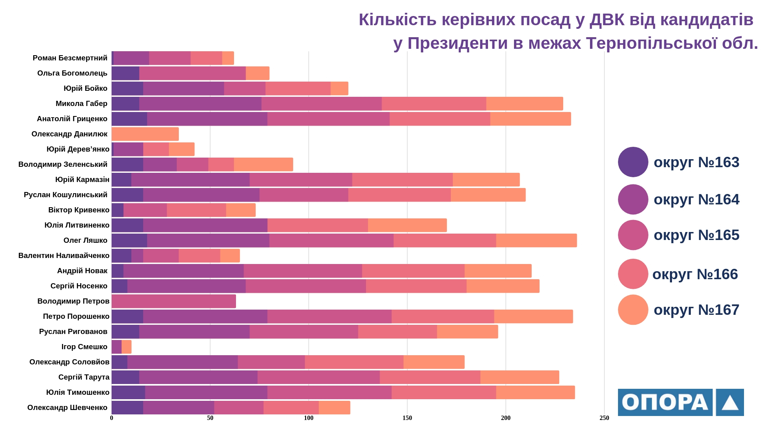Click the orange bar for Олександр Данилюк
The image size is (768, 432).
145,134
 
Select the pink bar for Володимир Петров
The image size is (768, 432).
174,301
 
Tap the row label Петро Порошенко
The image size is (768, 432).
76,316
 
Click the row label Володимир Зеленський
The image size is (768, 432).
63,164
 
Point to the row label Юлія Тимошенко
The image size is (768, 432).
78,392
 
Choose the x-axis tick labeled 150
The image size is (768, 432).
407,418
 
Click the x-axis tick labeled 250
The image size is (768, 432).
604,418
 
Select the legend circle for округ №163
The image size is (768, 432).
633,162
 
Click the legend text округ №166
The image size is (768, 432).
695,274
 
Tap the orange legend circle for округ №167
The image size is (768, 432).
633,310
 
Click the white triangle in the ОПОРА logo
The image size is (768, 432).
730,403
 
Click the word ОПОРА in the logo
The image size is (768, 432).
665,402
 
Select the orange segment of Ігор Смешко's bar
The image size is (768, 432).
126,347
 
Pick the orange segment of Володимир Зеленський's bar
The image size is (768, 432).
263,164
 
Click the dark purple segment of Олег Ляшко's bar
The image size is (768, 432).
129,240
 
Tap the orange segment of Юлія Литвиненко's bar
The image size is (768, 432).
407,225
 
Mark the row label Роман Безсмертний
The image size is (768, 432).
70,58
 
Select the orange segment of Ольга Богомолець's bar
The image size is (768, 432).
258,73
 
